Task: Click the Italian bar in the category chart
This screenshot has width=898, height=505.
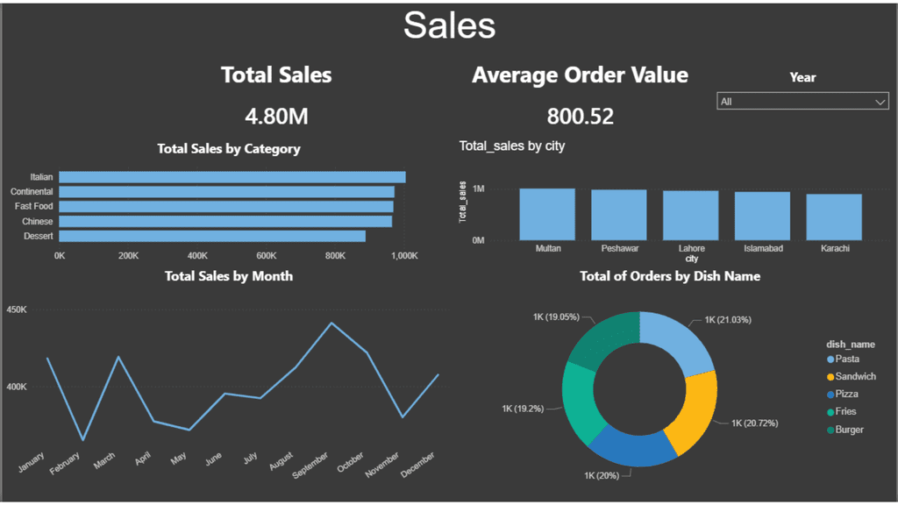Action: coord(232,177)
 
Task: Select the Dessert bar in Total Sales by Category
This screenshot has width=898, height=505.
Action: coord(211,236)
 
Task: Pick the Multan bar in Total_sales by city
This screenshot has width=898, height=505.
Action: coord(547,214)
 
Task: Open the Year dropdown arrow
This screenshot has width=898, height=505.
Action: coord(880,103)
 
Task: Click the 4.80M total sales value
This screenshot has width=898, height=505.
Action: coord(276,116)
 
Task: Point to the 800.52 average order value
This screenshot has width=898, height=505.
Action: coord(580,116)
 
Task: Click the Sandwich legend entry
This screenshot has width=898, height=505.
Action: coord(854,376)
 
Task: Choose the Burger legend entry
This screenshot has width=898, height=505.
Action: coord(849,430)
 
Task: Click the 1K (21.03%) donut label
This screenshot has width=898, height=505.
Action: coord(727,320)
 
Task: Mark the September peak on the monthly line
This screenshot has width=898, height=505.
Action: coord(331,323)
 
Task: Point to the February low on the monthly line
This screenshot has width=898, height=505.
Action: coord(83,440)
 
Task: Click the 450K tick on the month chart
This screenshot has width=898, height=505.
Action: coord(17,310)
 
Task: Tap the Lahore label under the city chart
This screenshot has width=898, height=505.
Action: coord(691,249)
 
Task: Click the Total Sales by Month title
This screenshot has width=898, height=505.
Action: coord(229,276)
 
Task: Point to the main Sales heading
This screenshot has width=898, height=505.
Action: coord(449,25)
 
